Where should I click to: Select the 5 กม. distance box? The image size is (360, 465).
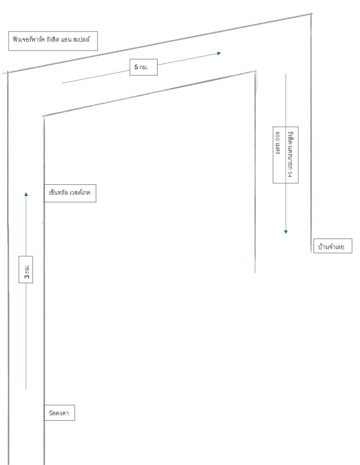point(143,67)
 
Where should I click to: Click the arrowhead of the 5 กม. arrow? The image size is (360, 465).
point(219,53)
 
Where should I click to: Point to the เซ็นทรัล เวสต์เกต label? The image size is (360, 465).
point(70,193)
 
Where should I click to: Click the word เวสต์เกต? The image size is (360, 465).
point(80,192)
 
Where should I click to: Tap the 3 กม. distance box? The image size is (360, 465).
point(26,270)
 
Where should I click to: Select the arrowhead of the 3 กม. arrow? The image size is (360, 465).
point(26,194)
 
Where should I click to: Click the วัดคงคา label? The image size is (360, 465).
point(59,413)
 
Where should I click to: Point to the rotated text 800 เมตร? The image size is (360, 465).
point(277,143)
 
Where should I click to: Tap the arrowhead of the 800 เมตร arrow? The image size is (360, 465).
point(286,232)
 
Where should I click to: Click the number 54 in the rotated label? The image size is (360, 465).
point(290,174)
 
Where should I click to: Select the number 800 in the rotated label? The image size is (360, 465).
point(277,136)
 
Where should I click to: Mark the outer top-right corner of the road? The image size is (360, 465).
point(311,13)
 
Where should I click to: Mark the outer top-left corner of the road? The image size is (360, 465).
point(8,72)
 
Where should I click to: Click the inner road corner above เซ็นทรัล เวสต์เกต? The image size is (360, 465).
point(44,116)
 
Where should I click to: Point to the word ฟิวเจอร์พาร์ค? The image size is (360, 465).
point(28,39)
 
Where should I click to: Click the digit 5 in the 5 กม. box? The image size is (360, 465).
point(136,67)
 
